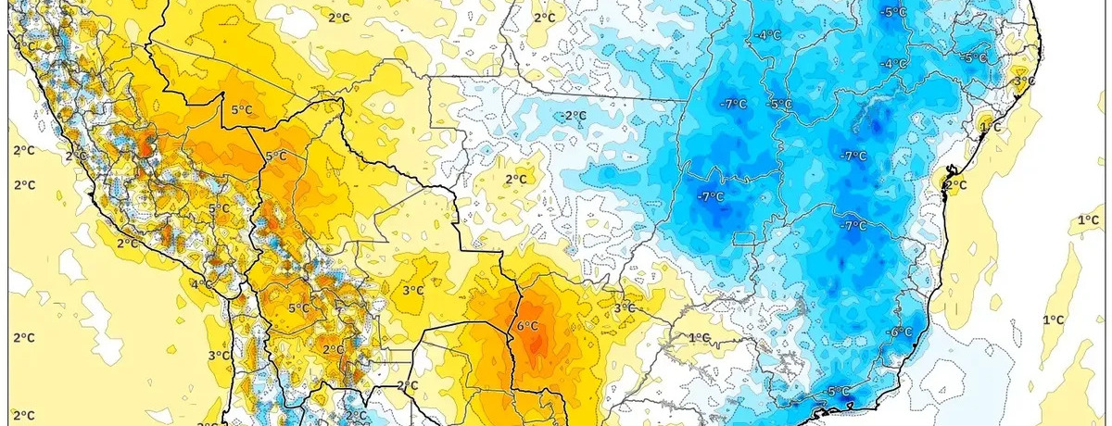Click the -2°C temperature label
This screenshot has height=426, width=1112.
coord(575,116)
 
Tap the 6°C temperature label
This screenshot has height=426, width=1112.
coord(528,326)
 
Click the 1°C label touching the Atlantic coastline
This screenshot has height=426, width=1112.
coord(991,126)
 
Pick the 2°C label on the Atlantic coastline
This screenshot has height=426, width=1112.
coord(955,185)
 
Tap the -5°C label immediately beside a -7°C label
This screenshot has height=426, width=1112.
coord(780,105)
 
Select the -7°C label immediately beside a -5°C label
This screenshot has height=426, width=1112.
coord(733,105)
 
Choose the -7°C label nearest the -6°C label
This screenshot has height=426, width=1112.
coord(853,226)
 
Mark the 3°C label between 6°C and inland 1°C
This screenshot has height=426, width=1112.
coord(625,307)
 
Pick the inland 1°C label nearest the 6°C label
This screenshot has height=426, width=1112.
coord(699,337)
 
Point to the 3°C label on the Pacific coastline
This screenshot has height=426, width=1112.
coord(219,356)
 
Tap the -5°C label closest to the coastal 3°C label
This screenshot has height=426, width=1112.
coord(975,57)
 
